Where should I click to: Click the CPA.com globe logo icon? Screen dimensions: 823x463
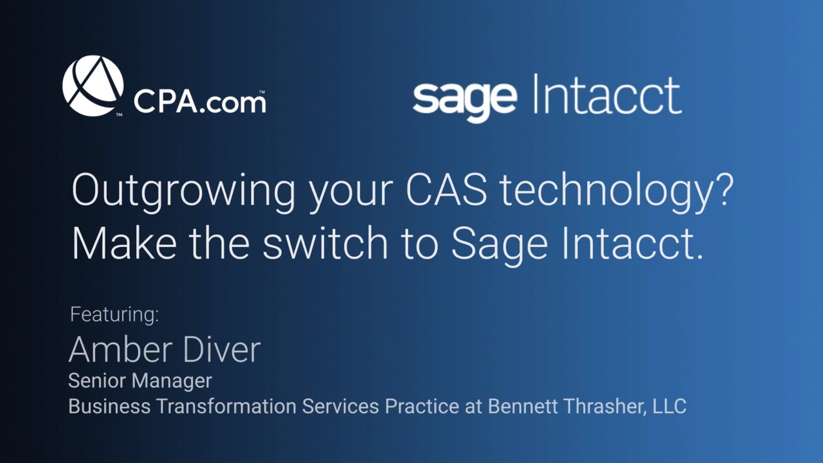(x=93, y=86)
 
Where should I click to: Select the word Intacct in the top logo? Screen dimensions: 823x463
(x=608, y=94)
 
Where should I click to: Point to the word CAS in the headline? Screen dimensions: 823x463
(x=446, y=190)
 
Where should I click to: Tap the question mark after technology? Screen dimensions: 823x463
(x=725, y=189)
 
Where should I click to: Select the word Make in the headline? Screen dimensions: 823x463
(x=124, y=243)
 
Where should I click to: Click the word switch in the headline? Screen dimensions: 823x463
(x=325, y=243)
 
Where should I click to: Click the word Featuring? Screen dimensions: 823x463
(x=114, y=315)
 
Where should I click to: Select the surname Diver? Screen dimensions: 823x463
(x=222, y=349)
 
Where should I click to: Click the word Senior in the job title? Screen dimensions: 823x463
(x=96, y=380)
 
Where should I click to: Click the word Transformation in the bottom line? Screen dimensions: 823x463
(x=227, y=406)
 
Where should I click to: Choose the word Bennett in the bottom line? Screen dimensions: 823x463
(x=522, y=406)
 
